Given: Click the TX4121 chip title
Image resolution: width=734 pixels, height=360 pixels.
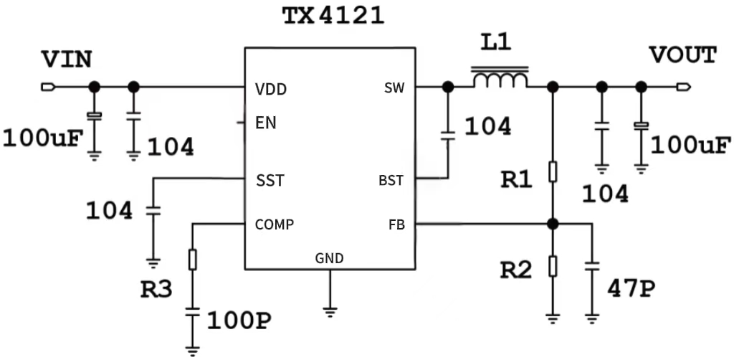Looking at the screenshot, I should (x=332, y=16).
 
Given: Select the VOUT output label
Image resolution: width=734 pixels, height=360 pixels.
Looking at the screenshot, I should (x=682, y=55).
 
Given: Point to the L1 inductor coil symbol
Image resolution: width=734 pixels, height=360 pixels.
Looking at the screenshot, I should (x=500, y=79).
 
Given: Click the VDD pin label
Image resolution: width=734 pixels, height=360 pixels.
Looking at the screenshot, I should (x=271, y=90).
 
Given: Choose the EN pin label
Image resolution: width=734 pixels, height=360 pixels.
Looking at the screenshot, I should (x=266, y=123).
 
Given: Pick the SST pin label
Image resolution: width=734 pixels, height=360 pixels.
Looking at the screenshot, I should (x=270, y=181).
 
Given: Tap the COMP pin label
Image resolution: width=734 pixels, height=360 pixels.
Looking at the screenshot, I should (x=275, y=224).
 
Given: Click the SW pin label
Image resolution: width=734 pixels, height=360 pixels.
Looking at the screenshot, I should (x=394, y=88).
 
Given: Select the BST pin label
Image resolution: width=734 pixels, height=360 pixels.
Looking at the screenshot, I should (x=391, y=181).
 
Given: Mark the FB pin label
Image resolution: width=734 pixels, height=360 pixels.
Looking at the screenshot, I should (x=396, y=225).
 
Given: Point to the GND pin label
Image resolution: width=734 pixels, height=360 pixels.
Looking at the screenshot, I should (x=329, y=258).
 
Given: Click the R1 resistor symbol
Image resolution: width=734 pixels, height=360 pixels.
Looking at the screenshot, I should (x=553, y=172).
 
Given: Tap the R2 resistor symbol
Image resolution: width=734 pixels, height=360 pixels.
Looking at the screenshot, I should (x=553, y=266).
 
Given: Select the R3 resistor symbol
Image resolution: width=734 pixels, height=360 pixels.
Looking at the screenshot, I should (x=192, y=259).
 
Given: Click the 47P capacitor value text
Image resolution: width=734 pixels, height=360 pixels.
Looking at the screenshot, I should (x=631, y=288).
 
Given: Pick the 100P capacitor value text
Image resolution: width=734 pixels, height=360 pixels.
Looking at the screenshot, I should (x=239, y=321).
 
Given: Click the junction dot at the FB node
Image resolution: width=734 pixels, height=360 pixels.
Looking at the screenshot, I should (x=553, y=224).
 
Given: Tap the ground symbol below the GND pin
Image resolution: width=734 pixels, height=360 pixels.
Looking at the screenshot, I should (x=330, y=311).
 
